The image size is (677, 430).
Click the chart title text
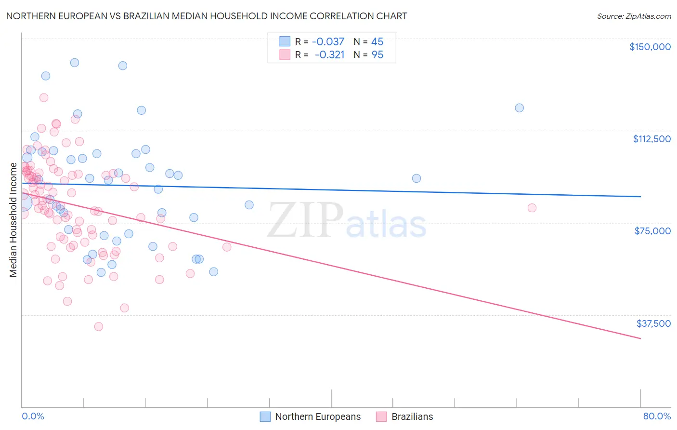pos(206,16)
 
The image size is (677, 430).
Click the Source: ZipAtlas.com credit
pos(634,16)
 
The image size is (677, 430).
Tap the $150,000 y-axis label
pos(650,47)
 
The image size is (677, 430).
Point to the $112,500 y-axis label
pos(651,139)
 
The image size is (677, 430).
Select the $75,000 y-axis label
pos(652,231)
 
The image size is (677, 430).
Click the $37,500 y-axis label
pos(653,323)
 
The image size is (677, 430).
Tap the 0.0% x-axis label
pos(33,416)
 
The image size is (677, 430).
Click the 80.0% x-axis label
pos(657,416)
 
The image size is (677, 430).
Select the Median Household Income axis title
pos(13,220)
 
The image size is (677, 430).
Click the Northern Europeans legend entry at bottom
pos(318,417)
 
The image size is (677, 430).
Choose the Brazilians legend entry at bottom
pos(412,417)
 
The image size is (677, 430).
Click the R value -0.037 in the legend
pos(328,42)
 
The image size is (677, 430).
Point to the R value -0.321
pos(329,55)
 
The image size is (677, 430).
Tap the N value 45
pos(378,42)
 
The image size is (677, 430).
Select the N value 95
pos(378,55)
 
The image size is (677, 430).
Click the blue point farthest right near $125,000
pos(519,108)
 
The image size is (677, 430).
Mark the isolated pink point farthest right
pos(532,208)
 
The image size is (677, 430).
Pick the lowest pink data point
pos(99,326)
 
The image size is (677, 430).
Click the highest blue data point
pos(75,63)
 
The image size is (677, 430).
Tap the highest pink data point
pos(44,97)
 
